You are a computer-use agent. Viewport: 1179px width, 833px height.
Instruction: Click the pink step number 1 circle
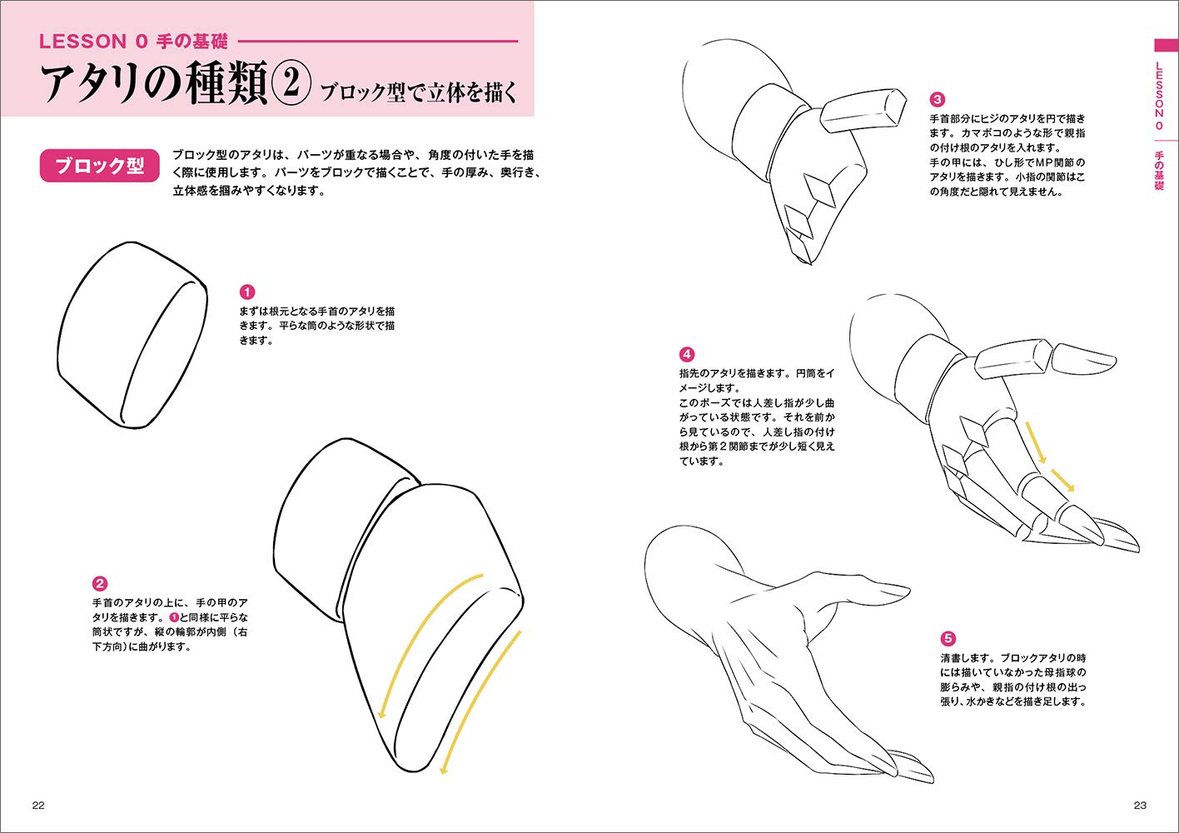pos(246,292)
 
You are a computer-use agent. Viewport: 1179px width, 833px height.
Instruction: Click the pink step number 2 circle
pos(99,584)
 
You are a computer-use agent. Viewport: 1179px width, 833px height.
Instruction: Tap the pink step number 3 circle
pos(937,100)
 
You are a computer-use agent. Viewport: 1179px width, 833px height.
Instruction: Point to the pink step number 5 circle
pos(948,639)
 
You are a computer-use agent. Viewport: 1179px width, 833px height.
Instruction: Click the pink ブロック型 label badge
pos(99,166)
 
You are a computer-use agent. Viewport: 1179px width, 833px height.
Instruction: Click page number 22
pos(38,805)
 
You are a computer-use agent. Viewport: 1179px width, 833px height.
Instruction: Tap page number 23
pos(1140,805)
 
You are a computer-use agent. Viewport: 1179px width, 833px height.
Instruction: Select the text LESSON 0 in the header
pos(95,41)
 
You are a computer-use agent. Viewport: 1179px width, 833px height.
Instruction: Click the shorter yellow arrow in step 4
pos(1062,481)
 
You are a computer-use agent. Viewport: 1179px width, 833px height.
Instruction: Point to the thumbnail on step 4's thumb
pos(1082,359)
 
